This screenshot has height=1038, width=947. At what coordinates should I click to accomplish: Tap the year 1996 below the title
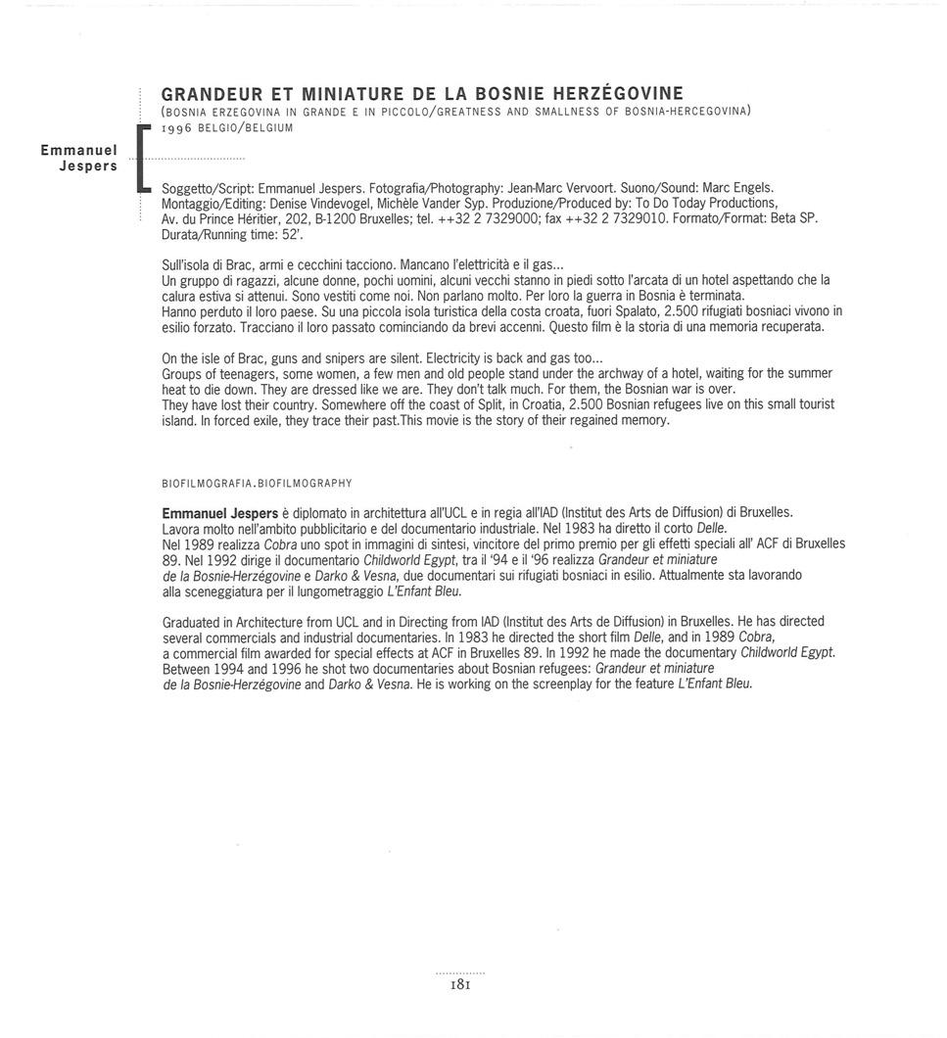tap(178, 128)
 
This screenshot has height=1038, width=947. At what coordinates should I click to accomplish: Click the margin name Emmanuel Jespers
tap(79, 158)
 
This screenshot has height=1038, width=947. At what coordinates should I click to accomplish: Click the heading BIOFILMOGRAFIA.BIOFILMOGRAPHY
tap(257, 484)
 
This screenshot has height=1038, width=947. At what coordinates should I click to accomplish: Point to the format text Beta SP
tap(793, 217)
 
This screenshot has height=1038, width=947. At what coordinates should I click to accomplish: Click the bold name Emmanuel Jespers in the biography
tap(219, 512)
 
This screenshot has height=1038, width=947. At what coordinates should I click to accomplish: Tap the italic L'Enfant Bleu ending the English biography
tap(715, 684)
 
